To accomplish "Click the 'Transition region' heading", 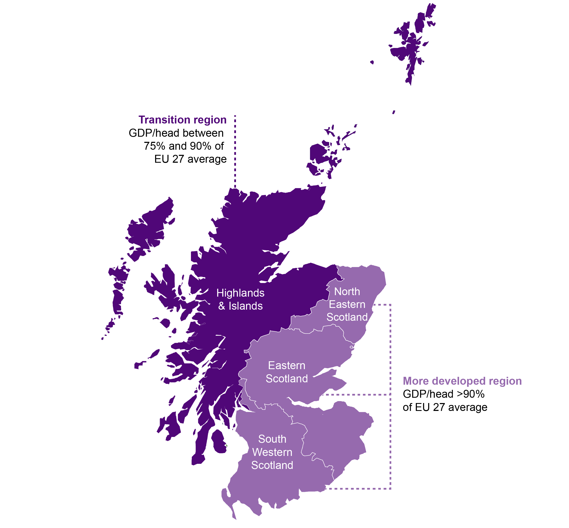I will coord(182,120).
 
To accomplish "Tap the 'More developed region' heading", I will coord(462,381).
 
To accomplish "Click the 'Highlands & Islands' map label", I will coord(240,299).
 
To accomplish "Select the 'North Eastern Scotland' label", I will coord(347,304).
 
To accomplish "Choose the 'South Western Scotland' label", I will coord(272,452).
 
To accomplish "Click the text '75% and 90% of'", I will coord(183,146).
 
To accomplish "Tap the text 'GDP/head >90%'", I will coord(444,394).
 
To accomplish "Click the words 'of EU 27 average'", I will coord(445,407).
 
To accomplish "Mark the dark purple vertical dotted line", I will coord(235,151).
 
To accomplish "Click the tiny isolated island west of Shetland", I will coord(372,62).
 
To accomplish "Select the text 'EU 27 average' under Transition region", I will coord(190,159).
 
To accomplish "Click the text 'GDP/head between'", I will coord(176,133).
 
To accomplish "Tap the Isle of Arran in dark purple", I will coord(219,441).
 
